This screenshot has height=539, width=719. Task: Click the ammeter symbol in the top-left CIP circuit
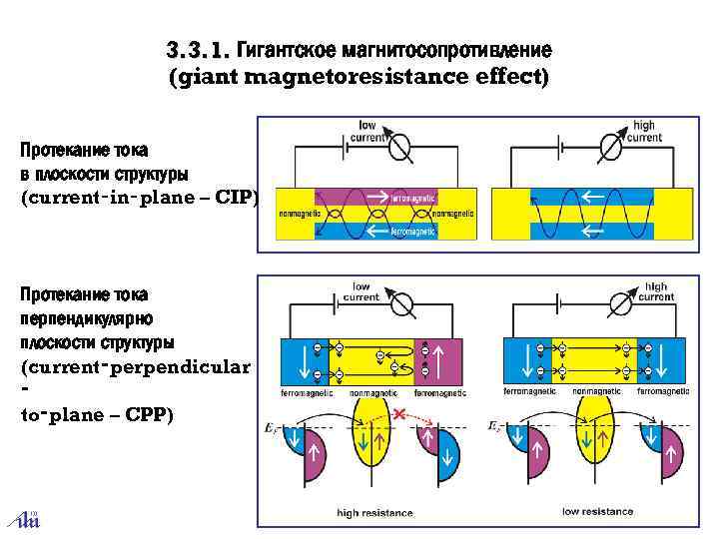tap(399, 148)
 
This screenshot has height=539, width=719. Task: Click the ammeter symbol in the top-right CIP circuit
tap(604, 148)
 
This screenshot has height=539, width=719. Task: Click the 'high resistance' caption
tap(374, 513)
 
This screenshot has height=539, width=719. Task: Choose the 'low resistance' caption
tap(597, 511)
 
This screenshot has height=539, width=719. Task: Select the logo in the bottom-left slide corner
tap(22, 515)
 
